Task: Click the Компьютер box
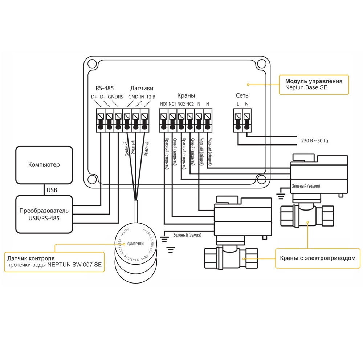click(44, 165)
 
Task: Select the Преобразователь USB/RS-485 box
click(44, 214)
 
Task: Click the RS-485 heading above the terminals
click(104, 88)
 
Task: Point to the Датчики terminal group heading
click(142, 88)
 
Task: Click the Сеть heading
click(242, 95)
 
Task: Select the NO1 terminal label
click(163, 104)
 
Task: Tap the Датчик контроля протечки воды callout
click(54, 261)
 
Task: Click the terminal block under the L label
click(238, 122)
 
